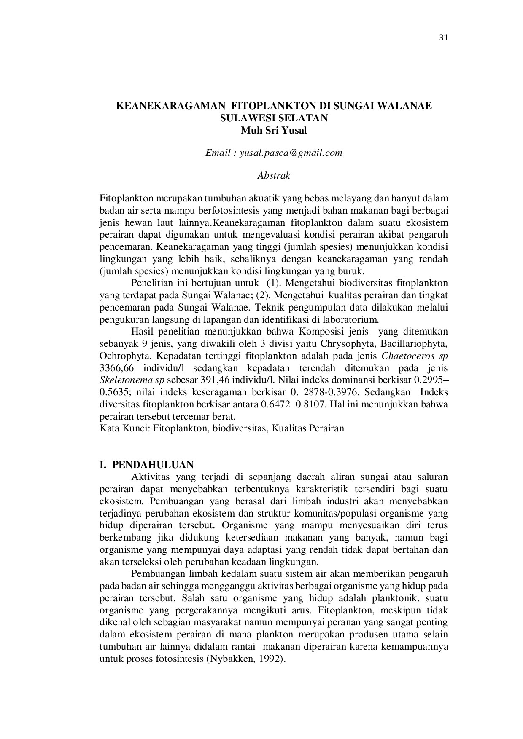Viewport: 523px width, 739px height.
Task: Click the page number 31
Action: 443,38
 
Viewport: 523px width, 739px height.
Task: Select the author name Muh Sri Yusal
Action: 274,130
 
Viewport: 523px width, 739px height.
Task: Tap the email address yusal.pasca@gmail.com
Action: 291,153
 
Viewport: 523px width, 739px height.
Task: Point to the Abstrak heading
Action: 274,176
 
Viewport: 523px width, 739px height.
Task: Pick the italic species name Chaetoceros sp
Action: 415,356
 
